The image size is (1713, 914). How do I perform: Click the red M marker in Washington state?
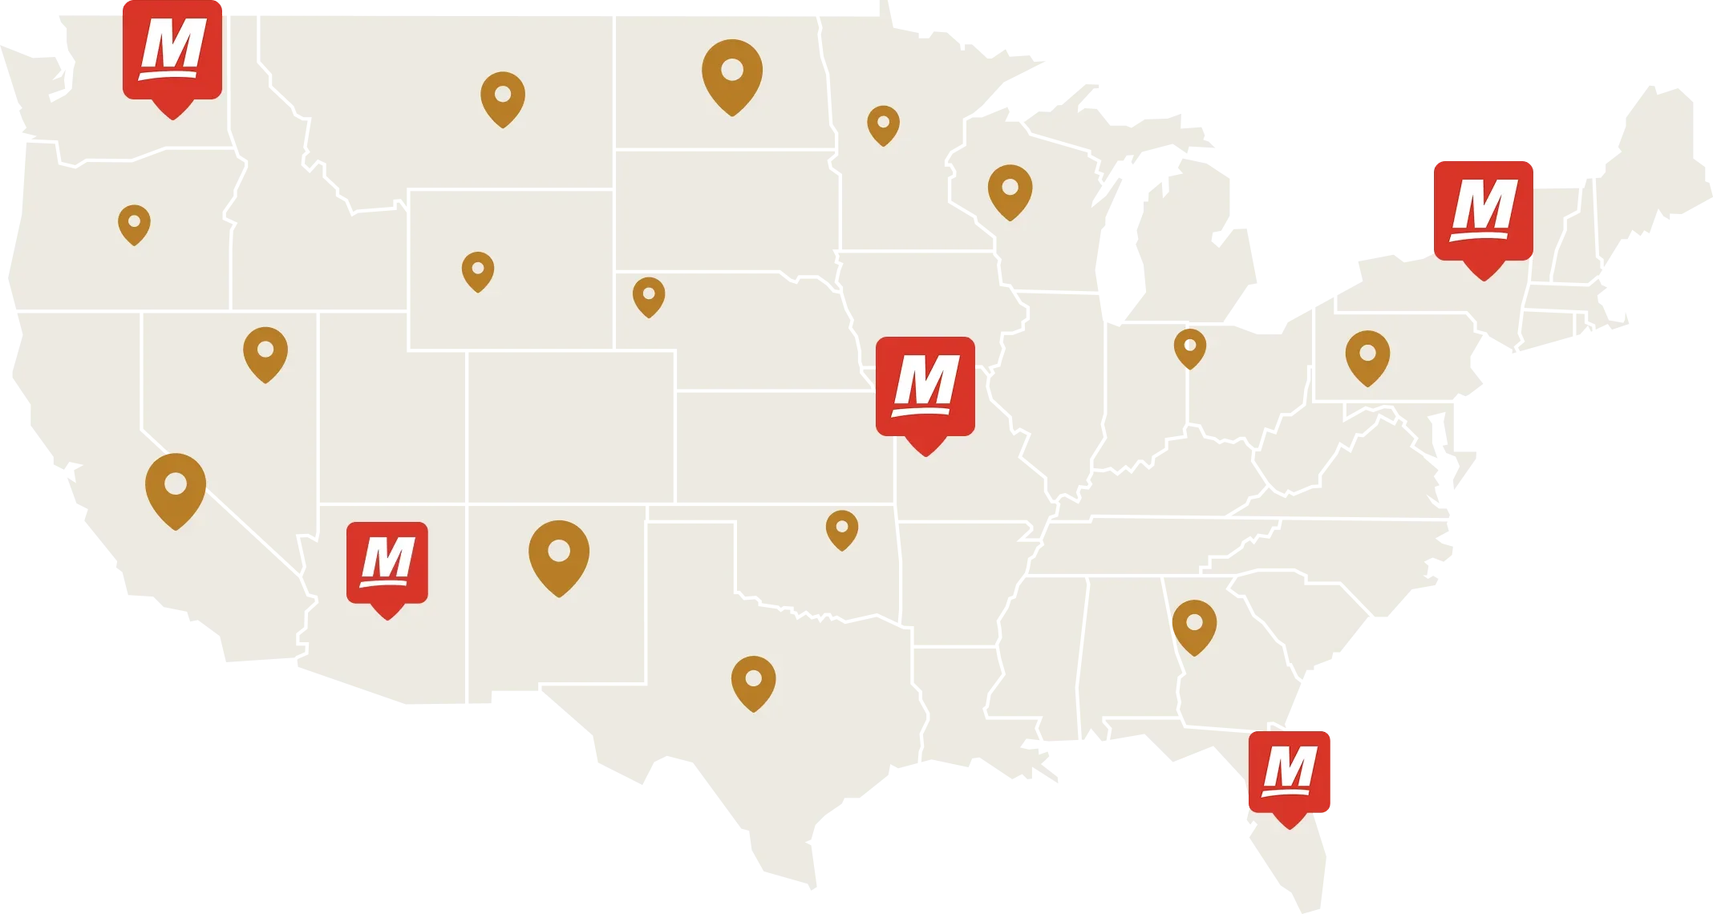[x=172, y=51]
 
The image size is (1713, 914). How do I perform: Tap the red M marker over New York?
[x=1483, y=212]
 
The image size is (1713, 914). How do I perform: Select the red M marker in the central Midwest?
[x=925, y=388]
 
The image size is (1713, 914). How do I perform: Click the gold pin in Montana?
[x=503, y=97]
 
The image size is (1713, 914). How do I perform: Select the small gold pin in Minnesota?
[x=883, y=124]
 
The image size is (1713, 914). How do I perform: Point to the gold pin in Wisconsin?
[x=1010, y=190]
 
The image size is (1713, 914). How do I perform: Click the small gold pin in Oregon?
[x=134, y=223]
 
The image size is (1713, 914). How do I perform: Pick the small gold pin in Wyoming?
[x=478, y=269]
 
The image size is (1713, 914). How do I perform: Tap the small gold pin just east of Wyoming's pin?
[x=649, y=295]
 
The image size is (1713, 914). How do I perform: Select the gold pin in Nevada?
[x=265, y=353]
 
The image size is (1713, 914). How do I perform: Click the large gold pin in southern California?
[x=176, y=487]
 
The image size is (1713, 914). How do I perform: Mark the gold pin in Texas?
[x=753, y=681]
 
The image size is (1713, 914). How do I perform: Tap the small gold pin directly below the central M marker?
[x=842, y=528]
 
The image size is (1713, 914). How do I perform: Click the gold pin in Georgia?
[x=1194, y=625]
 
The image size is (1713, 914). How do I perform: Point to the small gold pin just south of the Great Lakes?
[x=1190, y=347]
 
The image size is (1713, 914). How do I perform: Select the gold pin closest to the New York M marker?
[x=1367, y=356]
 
